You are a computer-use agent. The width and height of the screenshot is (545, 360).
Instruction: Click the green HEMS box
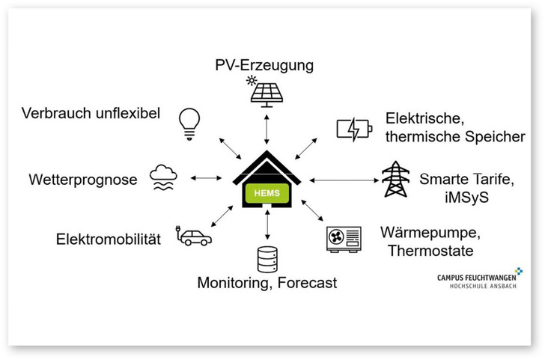[x=267, y=193]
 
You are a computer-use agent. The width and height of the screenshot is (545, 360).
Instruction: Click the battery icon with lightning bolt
[x=353, y=129]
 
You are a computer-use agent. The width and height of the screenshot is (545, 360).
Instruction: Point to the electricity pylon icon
[x=396, y=179]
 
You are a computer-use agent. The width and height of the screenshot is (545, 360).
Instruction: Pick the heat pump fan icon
[x=343, y=239]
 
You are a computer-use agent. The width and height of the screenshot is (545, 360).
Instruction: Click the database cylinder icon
[x=267, y=258]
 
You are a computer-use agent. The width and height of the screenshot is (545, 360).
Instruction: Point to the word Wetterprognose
[x=83, y=180]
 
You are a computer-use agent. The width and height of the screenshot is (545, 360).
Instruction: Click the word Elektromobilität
[x=109, y=240]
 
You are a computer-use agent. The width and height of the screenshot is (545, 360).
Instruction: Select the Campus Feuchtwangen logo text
[x=479, y=278]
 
